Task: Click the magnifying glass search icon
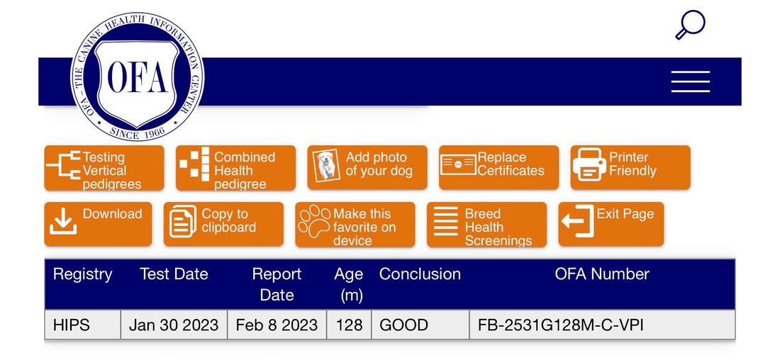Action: (690, 24)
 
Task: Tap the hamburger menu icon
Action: (691, 81)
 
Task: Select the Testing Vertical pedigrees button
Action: (104, 168)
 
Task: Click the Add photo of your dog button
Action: (367, 167)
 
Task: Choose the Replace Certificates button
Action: (498, 167)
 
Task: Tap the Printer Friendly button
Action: (630, 167)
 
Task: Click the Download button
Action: (98, 224)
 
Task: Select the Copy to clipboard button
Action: (223, 224)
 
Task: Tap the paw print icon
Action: (314, 221)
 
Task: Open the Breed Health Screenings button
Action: (486, 224)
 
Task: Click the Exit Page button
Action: (611, 224)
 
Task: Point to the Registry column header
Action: (82, 274)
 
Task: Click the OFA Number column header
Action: (602, 274)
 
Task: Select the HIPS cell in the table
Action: (82, 325)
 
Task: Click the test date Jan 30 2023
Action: (174, 325)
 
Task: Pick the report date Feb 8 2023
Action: (277, 325)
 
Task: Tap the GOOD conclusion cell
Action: (420, 325)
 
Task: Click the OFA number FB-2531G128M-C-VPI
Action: (561, 325)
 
